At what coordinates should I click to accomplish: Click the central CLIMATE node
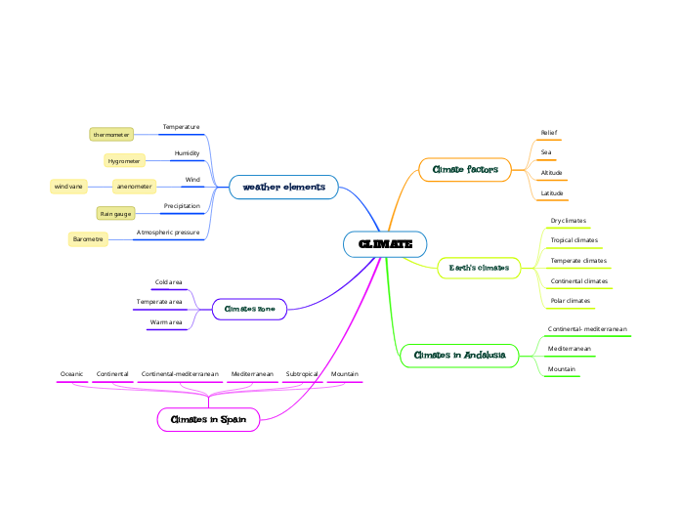pyautogui.click(x=385, y=244)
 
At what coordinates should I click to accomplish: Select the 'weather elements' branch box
pyautogui.click(x=283, y=187)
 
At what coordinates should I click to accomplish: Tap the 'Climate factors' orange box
pyautogui.click(x=465, y=170)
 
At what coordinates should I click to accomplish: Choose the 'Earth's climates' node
pyautogui.click(x=479, y=268)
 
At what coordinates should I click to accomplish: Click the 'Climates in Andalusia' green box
pyautogui.click(x=459, y=356)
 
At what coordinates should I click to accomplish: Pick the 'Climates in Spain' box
pyautogui.click(x=208, y=420)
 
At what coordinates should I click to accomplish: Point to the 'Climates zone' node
pyautogui.click(x=249, y=310)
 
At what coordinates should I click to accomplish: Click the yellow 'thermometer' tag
pyautogui.click(x=111, y=134)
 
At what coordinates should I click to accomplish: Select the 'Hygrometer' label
pyautogui.click(x=124, y=160)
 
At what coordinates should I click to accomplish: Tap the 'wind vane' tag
pyautogui.click(x=69, y=186)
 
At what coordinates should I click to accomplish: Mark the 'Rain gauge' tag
pyautogui.click(x=114, y=213)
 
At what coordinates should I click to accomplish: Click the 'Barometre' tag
pyautogui.click(x=88, y=239)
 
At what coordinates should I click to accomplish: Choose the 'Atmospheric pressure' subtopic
pyautogui.click(x=168, y=233)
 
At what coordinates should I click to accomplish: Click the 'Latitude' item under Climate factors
pyautogui.click(x=552, y=193)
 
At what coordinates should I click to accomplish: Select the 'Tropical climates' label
pyautogui.click(x=574, y=240)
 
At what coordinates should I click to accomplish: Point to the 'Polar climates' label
pyautogui.click(x=570, y=301)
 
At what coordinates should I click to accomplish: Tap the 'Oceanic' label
pyautogui.click(x=72, y=374)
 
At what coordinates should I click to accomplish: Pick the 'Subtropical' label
pyautogui.click(x=302, y=374)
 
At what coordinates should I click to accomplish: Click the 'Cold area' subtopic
pyautogui.click(x=168, y=282)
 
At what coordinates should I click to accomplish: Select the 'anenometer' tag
pyautogui.click(x=134, y=186)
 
